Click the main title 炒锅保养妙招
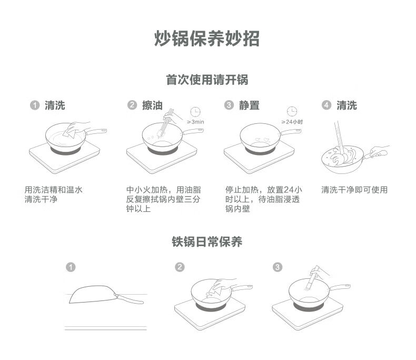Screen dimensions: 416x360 coord(207,38)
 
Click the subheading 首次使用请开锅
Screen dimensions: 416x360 coord(207,80)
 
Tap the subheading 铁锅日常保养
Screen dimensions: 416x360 coord(207,242)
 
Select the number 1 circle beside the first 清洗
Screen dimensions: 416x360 coord(35,105)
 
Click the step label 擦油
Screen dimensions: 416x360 coord(152,105)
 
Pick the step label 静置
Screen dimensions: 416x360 coord(249,105)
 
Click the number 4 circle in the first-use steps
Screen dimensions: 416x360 coord(326,105)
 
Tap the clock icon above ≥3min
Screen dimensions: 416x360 coord(195,112)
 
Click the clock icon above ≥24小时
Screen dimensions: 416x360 coord(292,112)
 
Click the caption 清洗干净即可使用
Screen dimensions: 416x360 coord(354,190)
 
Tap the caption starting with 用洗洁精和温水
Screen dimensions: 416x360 coord(53,194)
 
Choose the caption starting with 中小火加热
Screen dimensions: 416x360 coord(164,199)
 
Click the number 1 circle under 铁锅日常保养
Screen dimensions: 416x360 coord(71,267)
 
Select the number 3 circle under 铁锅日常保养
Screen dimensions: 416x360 coord(278,267)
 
